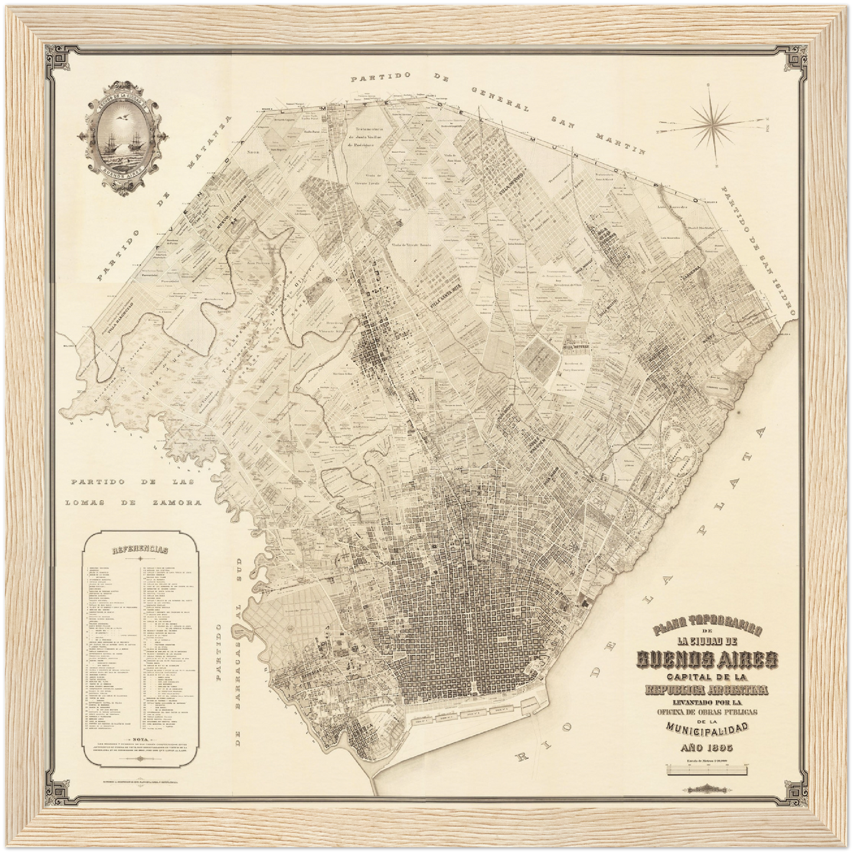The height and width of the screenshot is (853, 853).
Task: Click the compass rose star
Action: click(716, 121)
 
